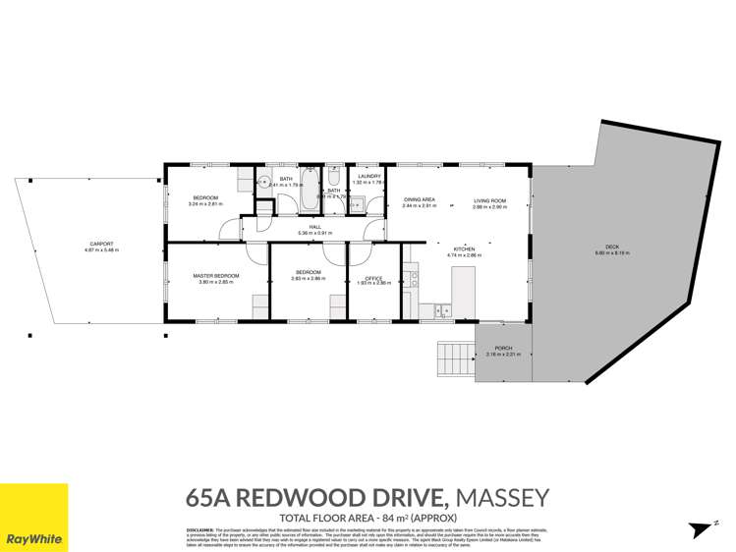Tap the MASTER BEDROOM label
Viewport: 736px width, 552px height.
216,276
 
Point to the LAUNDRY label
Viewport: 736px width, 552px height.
368,177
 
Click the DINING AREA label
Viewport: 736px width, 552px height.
419,200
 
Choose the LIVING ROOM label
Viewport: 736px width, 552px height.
488,200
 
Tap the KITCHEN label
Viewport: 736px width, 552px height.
464,249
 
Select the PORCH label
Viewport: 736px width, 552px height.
503,348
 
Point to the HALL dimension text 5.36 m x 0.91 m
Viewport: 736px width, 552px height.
315,233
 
